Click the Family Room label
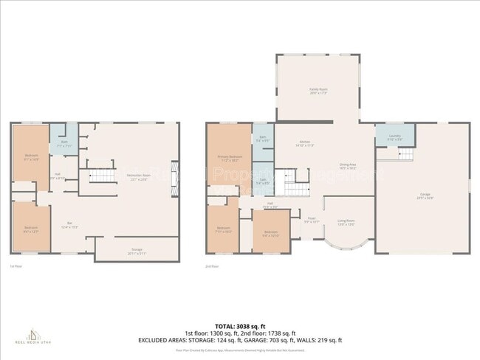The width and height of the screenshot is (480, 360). coord(318,90)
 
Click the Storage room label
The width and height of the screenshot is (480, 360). coord(137,250)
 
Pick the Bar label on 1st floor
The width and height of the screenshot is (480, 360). coord(69,224)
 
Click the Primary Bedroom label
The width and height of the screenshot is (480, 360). coord(230,158)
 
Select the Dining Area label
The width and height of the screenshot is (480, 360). coord(348,167)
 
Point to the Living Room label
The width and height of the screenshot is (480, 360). coord(346,221)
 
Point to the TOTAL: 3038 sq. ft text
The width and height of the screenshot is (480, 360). coord(239,325)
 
